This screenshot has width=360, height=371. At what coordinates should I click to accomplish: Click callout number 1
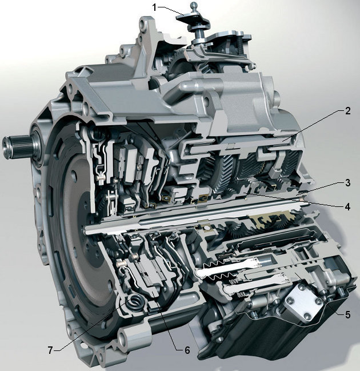tap(154, 8)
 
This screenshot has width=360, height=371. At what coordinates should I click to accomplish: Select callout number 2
tap(347, 111)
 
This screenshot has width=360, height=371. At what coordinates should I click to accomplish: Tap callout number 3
tap(347, 183)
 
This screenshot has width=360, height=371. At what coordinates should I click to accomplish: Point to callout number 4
tap(347, 207)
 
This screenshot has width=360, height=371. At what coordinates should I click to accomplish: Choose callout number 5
tap(347, 314)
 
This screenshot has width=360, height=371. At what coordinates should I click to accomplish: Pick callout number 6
tap(187, 350)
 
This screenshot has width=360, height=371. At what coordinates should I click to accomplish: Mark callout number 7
tap(50, 350)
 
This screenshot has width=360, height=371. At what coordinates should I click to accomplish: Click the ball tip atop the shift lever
tap(194, 5)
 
